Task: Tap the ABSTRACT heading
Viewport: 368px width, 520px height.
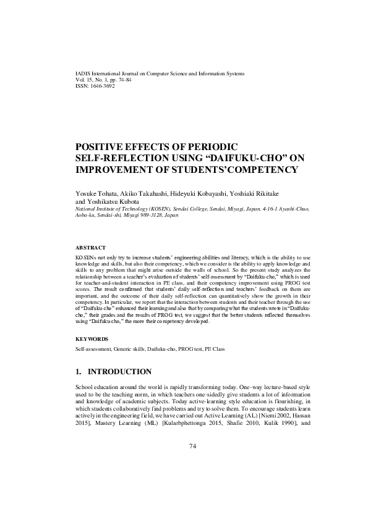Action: pyautogui.click(x=90, y=247)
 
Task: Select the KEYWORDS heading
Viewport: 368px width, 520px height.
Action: pyautogui.click(x=92, y=339)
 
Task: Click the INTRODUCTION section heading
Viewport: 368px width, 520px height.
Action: pyautogui.click(x=121, y=372)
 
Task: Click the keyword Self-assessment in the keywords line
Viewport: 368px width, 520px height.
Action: pyautogui.click(x=93, y=350)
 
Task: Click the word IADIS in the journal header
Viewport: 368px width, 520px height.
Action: pyautogui.click(x=82, y=73)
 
